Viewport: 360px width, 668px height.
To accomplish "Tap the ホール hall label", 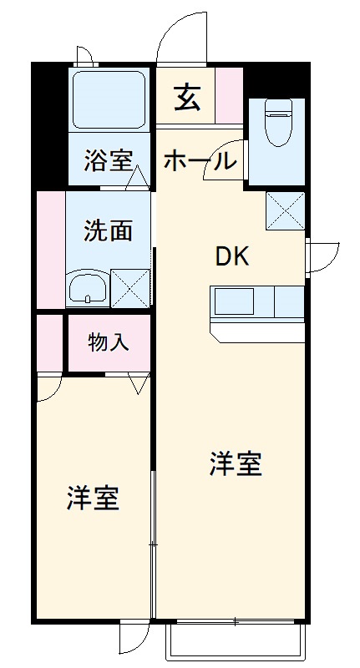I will [x=197, y=160].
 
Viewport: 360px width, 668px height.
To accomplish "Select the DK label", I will [x=233, y=256].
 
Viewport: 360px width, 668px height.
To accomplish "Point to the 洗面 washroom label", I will [x=109, y=230].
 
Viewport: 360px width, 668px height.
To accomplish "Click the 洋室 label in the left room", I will [x=93, y=498].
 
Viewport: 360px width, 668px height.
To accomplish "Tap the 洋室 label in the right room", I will [x=236, y=464].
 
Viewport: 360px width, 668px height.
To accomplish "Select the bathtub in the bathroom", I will [x=109, y=98].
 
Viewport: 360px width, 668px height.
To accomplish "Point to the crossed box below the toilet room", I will [x=284, y=210].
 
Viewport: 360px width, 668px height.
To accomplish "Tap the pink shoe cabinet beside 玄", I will [x=228, y=94].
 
